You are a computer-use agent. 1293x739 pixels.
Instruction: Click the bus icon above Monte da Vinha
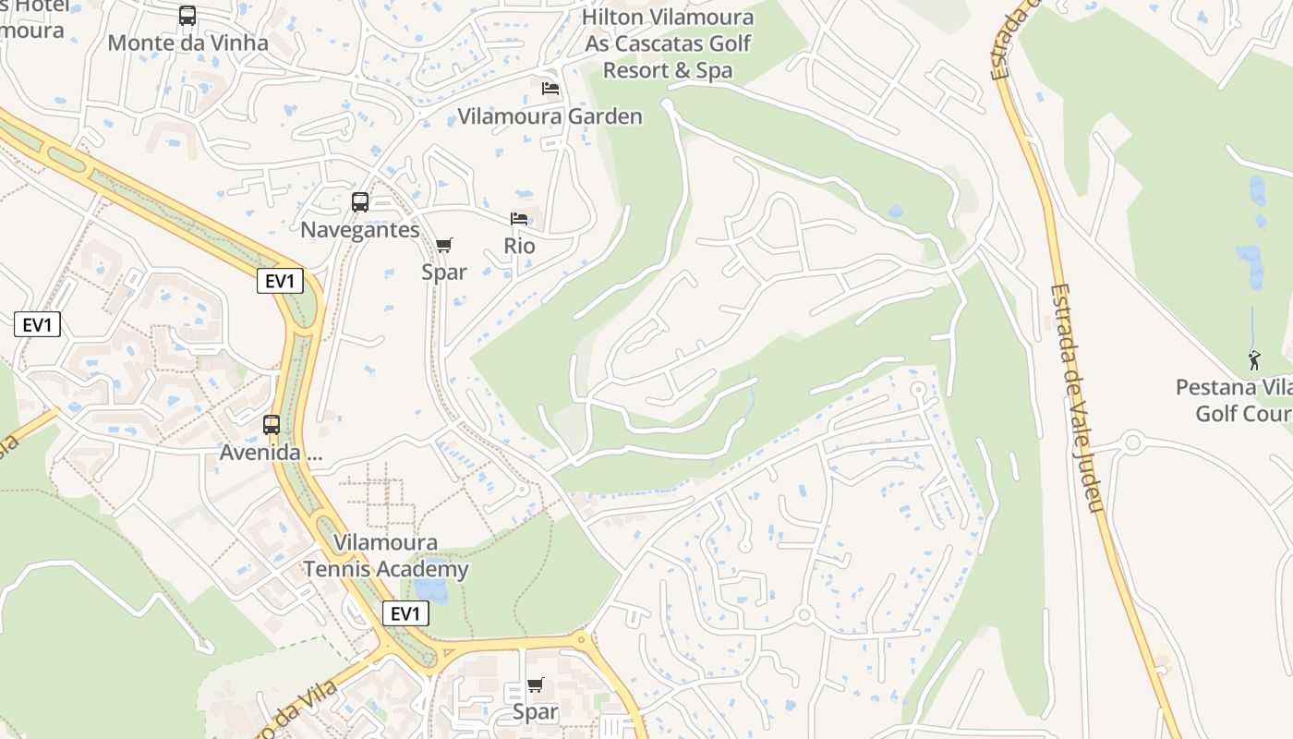point(187,16)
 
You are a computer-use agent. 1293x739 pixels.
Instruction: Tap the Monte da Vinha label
point(187,42)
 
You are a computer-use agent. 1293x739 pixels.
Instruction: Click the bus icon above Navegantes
point(360,202)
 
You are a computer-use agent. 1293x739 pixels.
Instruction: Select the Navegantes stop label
point(360,230)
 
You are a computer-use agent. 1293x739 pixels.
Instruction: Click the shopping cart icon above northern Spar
point(444,245)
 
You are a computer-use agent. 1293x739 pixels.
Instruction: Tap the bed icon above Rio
point(519,219)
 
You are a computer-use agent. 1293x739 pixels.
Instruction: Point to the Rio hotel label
point(519,247)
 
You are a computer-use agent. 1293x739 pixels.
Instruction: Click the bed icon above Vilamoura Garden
point(550,89)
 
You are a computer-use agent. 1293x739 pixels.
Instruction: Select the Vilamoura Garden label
point(550,116)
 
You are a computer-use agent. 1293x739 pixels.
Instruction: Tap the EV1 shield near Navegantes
point(280,282)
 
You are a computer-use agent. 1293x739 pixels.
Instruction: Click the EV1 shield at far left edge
point(38,324)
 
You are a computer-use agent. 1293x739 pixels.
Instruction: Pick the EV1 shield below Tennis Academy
point(405,613)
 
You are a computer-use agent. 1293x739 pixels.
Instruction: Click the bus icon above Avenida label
point(272,425)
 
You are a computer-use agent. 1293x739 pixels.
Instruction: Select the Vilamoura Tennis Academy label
point(386,556)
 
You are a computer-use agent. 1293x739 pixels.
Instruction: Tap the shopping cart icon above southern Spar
point(536,684)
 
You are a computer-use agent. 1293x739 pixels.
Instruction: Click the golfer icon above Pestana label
point(1254,360)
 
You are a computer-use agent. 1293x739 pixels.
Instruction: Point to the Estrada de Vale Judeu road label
point(1076,397)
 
